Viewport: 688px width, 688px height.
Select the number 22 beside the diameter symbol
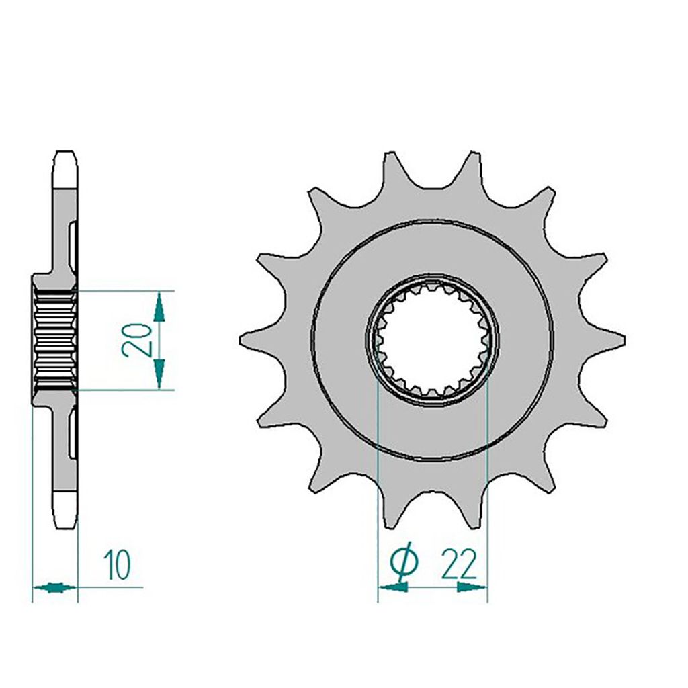pyautogui.click(x=458, y=565)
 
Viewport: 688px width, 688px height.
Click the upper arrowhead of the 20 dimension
pyautogui.click(x=159, y=307)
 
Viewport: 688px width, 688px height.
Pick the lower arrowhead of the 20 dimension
pyautogui.click(x=159, y=373)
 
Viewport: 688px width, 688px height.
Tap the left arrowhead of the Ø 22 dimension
pyautogui.click(x=393, y=587)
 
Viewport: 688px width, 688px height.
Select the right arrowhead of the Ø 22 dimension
pyautogui.click(x=472, y=587)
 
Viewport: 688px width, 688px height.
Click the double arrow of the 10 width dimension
pyautogui.click(x=55, y=587)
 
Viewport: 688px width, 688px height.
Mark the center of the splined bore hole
pyautogui.click(x=432, y=341)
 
